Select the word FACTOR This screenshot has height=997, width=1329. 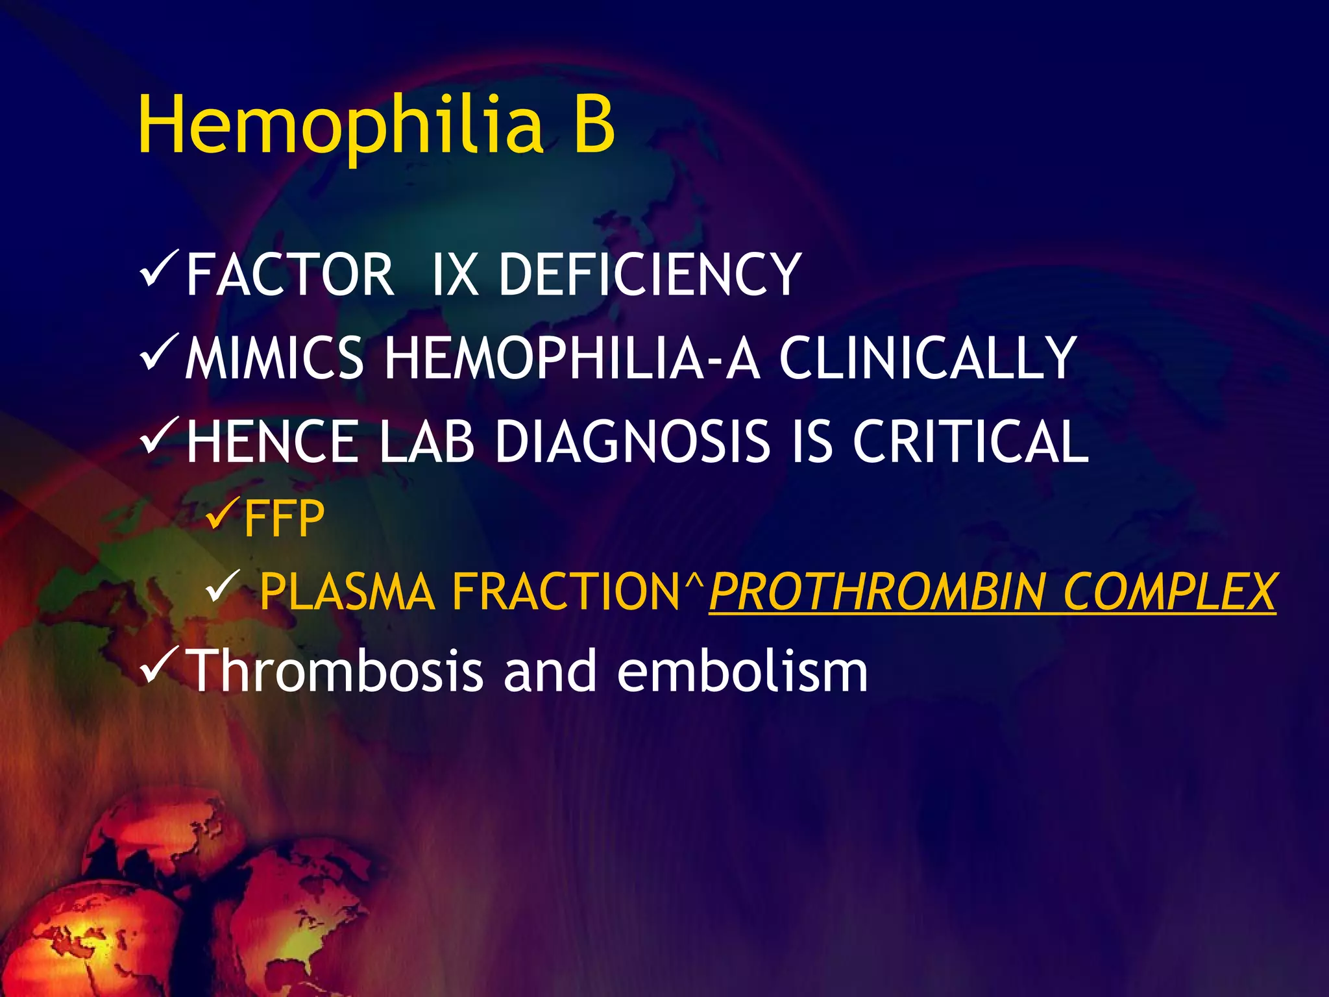(290, 275)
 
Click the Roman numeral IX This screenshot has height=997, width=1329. (455, 275)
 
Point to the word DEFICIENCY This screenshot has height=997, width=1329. (650, 275)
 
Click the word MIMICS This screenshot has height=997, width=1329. (274, 358)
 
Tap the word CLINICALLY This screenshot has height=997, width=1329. (928, 358)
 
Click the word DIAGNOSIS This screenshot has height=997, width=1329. (633, 441)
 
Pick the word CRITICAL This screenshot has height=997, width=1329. (971, 441)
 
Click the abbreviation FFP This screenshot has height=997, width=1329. (284, 519)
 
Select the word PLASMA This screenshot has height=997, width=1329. (347, 592)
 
